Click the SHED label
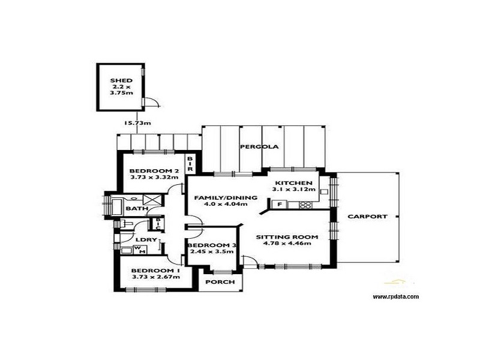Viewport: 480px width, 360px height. [x=121, y=80]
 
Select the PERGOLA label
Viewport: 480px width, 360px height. [x=253, y=147]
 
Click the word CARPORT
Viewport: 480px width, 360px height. [x=367, y=217]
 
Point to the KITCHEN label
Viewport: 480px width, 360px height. [x=293, y=182]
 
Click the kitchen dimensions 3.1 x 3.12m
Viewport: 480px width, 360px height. [x=293, y=190]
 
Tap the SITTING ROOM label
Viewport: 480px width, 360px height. [x=287, y=236]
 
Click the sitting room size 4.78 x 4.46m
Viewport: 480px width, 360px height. [x=287, y=244]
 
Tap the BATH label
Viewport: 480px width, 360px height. [x=137, y=209]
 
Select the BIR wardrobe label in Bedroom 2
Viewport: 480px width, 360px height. [x=190, y=164]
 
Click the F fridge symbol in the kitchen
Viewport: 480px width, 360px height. [x=278, y=205]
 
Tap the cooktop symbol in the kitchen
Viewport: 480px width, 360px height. [x=305, y=205]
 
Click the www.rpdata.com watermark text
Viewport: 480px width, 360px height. [x=395, y=296]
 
